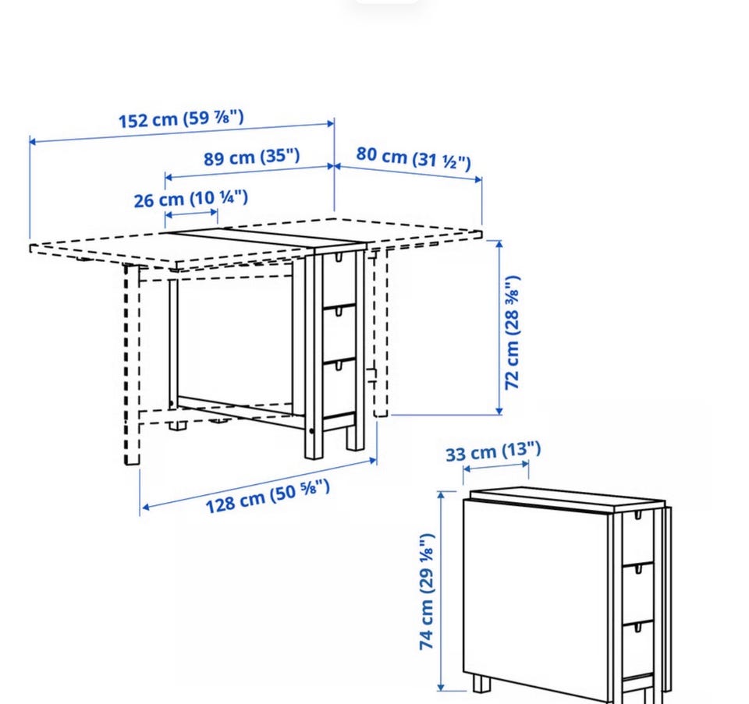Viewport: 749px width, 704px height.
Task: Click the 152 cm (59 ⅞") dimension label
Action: (181, 119)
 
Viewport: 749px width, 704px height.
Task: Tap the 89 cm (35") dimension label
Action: (252, 157)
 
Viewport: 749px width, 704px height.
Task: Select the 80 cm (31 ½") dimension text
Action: (414, 158)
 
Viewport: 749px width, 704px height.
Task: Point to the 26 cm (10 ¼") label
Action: (190, 199)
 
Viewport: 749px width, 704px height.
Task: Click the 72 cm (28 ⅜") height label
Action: (512, 332)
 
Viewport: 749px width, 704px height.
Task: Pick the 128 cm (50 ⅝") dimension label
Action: (268, 497)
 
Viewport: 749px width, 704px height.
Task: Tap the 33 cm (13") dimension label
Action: (493, 451)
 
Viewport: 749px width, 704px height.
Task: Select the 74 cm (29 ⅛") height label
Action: (427, 592)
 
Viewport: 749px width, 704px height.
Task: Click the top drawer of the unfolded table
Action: (339, 280)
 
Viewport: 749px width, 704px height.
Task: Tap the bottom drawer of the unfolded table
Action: (339, 387)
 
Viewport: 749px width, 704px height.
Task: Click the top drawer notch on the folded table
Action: (637, 515)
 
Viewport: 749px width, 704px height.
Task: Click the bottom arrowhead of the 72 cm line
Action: (499, 411)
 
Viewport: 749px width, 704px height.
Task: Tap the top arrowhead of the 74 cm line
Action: (441, 495)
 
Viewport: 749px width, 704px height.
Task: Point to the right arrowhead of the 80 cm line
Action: (478, 179)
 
